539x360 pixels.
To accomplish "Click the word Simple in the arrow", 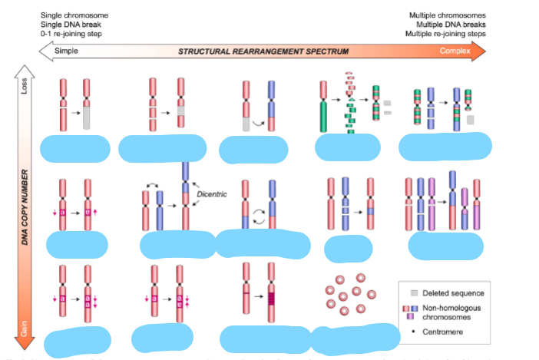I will click(67, 51).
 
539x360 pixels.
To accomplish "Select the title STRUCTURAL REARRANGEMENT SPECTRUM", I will click(263, 51).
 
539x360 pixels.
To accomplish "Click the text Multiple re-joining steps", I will click(446, 34).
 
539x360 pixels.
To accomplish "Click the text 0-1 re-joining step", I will click(73, 34).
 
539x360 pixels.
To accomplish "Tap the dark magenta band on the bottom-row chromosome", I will click(270, 296).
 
